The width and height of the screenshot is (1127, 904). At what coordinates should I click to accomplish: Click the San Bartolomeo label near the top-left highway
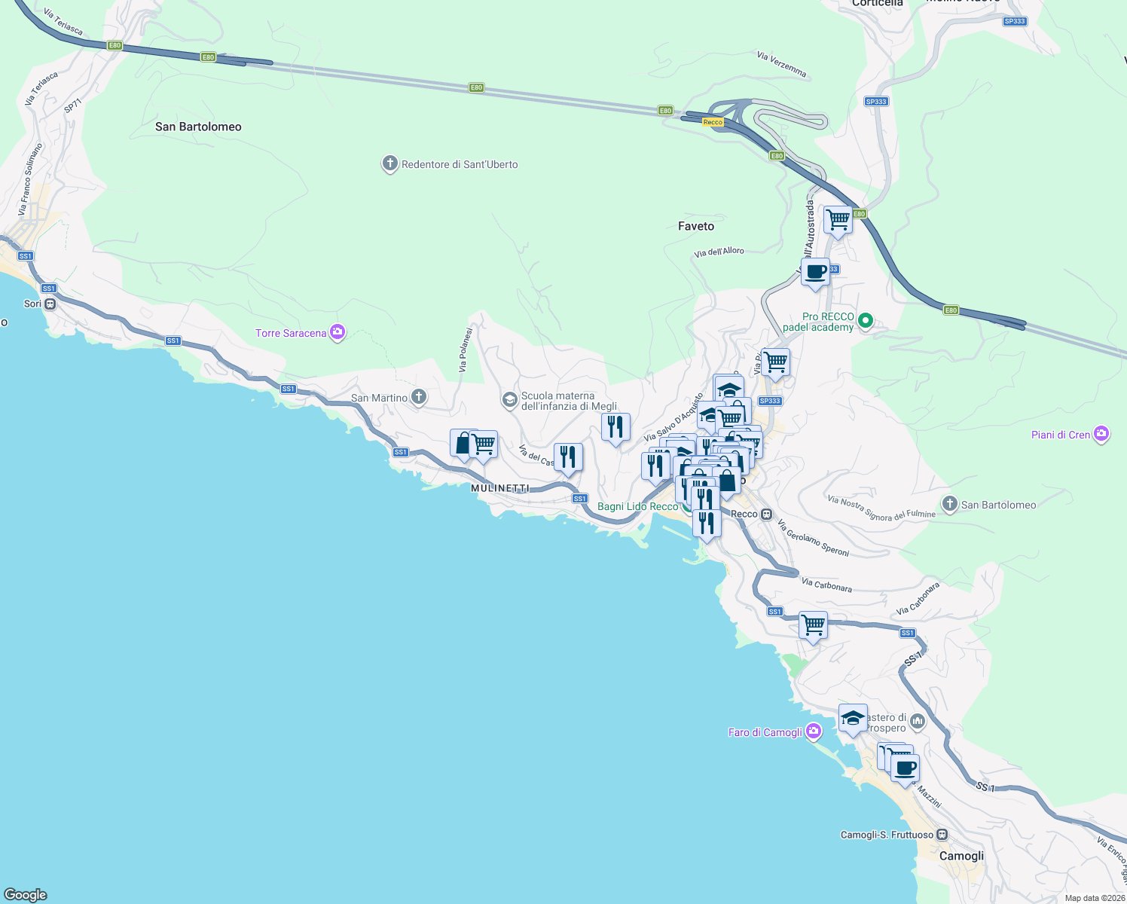pos(198,127)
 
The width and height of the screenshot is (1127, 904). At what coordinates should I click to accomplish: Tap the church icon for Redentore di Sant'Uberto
pos(389,163)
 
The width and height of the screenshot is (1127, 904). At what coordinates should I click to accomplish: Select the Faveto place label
pos(695,226)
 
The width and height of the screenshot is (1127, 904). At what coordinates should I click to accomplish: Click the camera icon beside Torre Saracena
pos(337,332)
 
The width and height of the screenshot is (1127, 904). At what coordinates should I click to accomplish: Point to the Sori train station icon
pos(50,304)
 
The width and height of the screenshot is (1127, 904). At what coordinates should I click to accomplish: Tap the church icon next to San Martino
pos(419,397)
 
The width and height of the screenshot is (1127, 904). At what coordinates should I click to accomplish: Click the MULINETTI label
pos(500,488)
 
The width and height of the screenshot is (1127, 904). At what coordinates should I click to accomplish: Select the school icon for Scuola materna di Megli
pos(510,399)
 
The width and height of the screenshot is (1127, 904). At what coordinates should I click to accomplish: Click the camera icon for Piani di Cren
pos(1101,434)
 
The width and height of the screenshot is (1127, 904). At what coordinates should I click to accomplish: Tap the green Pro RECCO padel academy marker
pos(866,322)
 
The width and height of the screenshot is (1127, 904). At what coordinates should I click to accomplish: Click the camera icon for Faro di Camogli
pos(813,731)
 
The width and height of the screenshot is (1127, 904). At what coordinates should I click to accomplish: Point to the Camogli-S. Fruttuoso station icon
pos(942,835)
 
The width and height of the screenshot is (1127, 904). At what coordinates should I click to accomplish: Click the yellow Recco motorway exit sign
pos(713,122)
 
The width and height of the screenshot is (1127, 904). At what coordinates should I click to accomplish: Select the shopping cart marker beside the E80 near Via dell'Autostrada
pos(838,220)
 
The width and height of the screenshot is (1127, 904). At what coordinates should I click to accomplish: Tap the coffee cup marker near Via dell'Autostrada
pos(815,271)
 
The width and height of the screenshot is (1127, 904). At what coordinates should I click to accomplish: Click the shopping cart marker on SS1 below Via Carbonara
pos(813,625)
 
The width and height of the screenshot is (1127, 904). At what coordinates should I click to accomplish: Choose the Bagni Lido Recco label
pos(637,506)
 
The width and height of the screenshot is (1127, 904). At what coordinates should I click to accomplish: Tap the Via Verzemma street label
pos(781,65)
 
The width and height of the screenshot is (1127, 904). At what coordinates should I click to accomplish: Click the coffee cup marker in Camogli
pos(905,768)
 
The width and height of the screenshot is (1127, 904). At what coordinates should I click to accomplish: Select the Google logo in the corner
pos(26,895)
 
